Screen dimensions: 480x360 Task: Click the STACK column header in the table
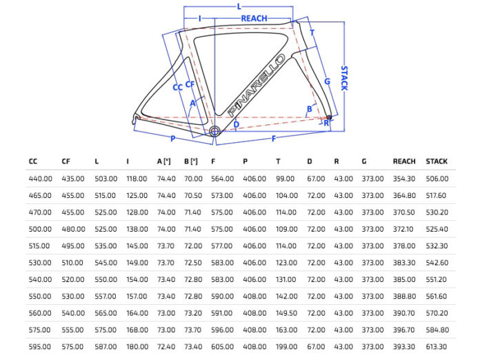coord(437,161)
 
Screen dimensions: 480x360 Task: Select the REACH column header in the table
coord(404,161)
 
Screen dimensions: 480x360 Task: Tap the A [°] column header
coord(164,161)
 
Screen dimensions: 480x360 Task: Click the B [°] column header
coord(191,161)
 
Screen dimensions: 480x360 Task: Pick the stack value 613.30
coord(437,346)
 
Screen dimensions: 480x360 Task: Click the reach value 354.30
coord(404,179)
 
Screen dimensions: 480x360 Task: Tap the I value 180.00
coord(137,346)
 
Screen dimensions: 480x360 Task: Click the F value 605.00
coord(222,346)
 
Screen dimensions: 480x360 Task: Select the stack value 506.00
coord(437,179)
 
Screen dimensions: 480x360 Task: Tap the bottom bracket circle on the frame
coord(214,130)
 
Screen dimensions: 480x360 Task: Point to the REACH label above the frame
coord(254,19)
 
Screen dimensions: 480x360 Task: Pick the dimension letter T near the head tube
coord(312,32)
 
